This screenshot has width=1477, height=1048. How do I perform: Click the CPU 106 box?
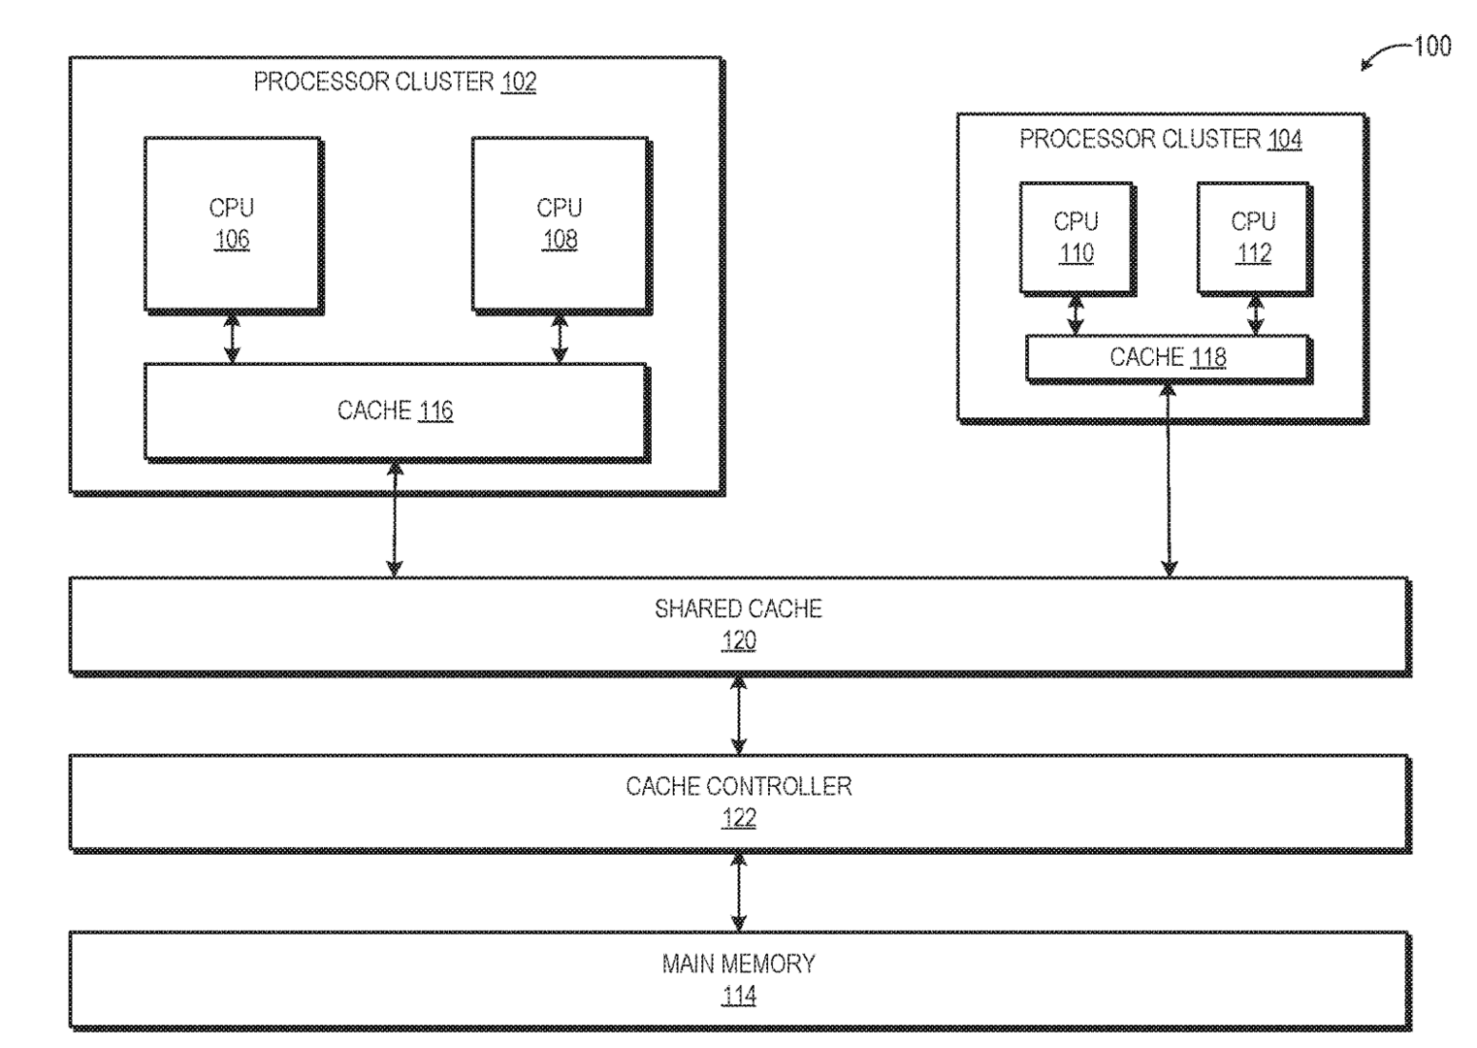click(232, 224)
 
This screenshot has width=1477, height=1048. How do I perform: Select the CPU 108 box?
click(560, 224)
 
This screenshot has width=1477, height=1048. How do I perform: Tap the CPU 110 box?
click(1076, 238)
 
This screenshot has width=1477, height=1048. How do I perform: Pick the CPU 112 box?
click(1253, 238)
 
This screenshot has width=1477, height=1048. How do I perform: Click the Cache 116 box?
click(395, 410)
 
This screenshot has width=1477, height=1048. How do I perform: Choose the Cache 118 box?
click(1168, 358)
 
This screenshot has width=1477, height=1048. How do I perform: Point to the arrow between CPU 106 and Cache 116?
click(232, 338)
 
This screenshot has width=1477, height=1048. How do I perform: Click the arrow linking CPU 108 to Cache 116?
click(560, 338)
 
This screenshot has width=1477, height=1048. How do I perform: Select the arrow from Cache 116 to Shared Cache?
click(395, 519)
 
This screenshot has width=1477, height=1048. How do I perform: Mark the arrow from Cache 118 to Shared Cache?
click(1169, 480)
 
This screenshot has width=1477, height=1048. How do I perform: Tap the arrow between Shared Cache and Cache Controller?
click(739, 715)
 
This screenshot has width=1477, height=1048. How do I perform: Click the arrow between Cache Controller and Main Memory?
click(739, 892)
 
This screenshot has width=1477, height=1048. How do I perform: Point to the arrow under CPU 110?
click(1076, 315)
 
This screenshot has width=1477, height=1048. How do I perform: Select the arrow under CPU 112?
click(1255, 315)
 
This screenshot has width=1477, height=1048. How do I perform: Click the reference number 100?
click(1432, 46)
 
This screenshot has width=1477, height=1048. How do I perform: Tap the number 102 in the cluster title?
click(519, 82)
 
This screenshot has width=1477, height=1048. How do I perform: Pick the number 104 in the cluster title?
click(1284, 140)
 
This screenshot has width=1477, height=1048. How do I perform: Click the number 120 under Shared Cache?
click(739, 640)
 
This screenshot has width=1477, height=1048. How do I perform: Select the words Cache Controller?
click(739, 786)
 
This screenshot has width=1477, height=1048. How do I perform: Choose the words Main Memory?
click(739, 964)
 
